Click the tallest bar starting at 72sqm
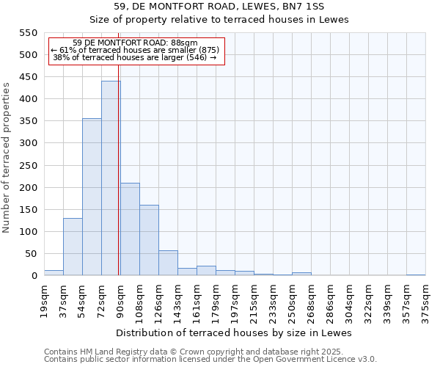pos(111,178)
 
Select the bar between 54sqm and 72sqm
pos(92,197)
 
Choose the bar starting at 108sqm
pos(149,240)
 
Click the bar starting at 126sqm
pos(168,263)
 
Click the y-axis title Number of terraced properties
pos(7,157)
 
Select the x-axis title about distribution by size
pos(235,333)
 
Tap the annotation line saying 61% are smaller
pos(135,50)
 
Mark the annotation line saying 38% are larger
pos(135,57)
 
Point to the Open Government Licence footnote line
pos(210,360)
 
